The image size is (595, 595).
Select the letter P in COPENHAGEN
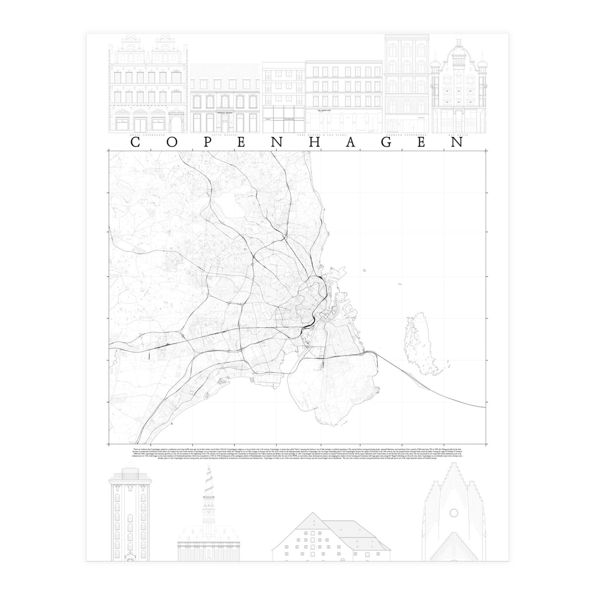coord(206,142)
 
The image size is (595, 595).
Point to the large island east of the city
coord(418,342)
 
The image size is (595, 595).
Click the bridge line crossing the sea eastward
coord(446,392)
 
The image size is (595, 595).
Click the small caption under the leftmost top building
coord(148,135)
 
